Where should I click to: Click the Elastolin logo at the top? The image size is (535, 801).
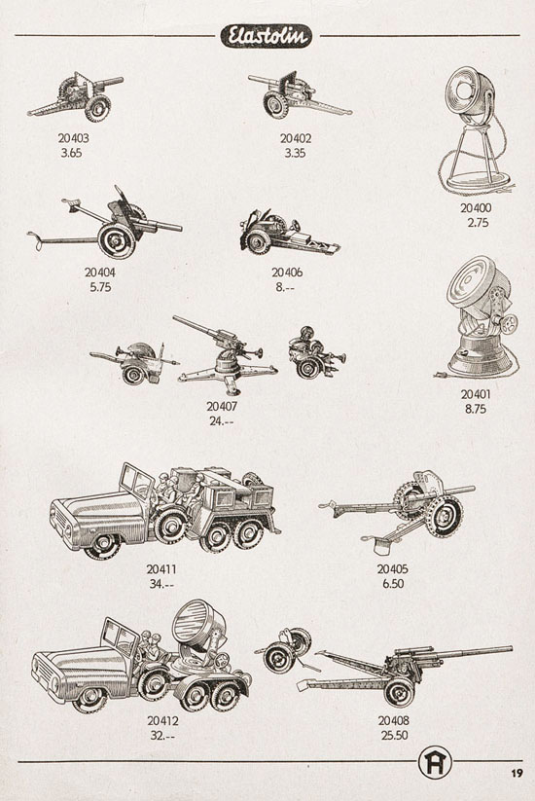coord(266,36)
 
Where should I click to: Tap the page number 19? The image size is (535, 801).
coord(517,773)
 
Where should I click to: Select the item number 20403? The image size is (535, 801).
coord(73,138)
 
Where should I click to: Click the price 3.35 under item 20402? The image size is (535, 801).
coord(295,153)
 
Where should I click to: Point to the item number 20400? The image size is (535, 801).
coord(476,208)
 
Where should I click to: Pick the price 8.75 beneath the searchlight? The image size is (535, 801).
coord(476,409)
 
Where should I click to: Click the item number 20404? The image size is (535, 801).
coord(100,273)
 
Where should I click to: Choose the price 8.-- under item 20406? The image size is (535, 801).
coord(286,287)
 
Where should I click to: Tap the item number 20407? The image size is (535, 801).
coord(222,407)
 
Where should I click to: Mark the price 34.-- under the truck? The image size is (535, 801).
coord(161,583)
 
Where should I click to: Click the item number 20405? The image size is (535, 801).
coord(393,569)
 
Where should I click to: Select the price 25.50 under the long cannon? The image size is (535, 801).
coord(394,736)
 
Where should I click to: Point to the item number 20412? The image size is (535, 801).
coord(162,721)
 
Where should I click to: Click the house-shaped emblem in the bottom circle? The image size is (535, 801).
coord(436,764)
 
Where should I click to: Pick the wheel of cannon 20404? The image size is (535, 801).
coord(117,240)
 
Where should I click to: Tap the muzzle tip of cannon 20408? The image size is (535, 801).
coord(511,649)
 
